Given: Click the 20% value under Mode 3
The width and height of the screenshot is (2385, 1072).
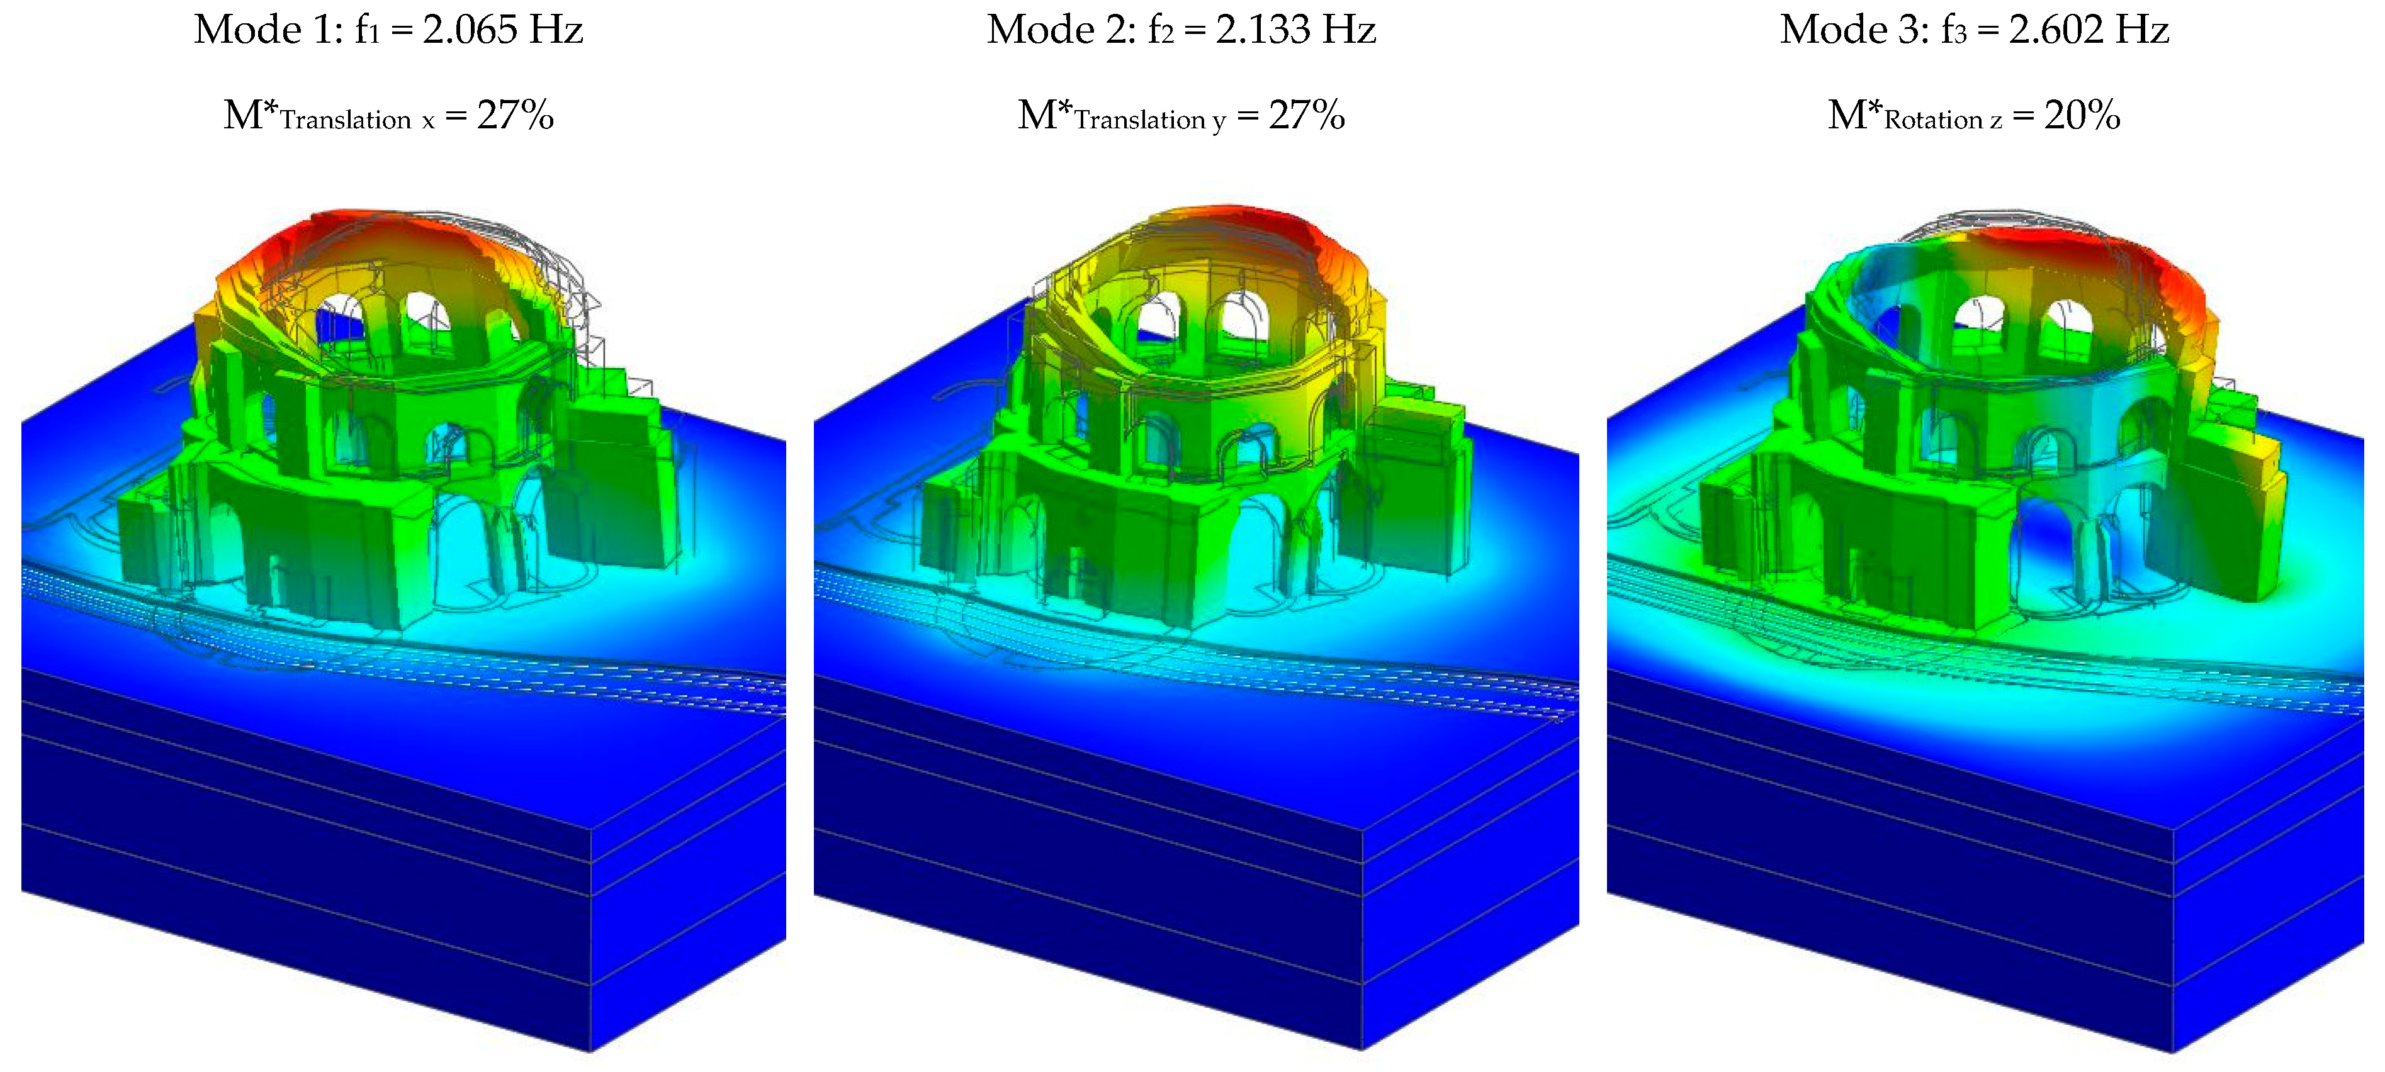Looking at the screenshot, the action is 2082,116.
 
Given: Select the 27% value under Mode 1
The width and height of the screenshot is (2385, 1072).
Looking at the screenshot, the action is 516,116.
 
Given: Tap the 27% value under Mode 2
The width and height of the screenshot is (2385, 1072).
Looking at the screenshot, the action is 1307,116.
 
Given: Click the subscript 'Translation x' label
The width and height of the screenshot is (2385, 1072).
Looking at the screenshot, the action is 358,120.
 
